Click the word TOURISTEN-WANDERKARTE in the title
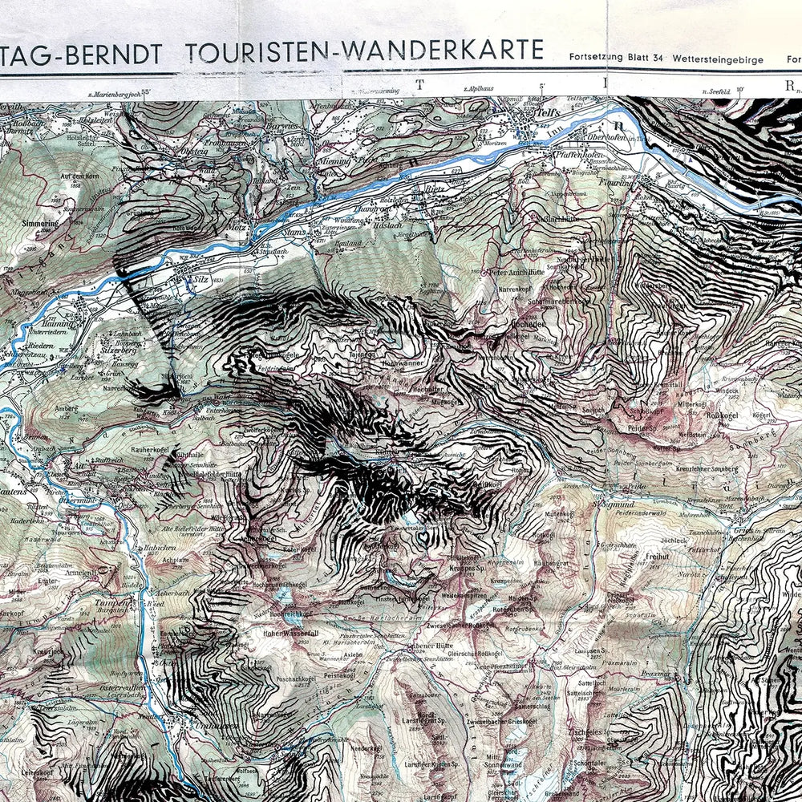point(364,51)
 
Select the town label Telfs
point(548,114)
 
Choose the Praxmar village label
point(654,674)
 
